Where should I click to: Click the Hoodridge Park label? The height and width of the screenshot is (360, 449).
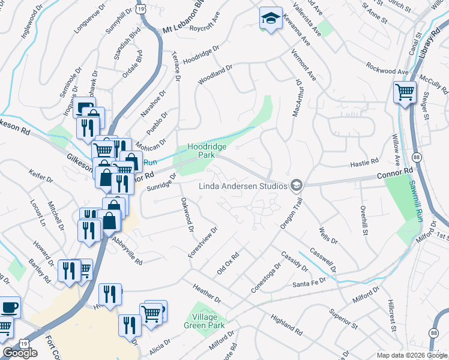(201, 150)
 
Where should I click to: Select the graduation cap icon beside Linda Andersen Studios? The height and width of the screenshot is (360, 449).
(295, 186)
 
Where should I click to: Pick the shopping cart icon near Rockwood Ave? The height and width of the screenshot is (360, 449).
(405, 92)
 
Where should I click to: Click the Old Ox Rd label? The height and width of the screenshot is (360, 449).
(228, 262)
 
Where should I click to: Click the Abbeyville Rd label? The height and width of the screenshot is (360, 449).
(127, 250)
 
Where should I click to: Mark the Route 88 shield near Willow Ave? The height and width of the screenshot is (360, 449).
(417, 157)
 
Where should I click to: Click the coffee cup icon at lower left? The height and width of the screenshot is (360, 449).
(10, 307)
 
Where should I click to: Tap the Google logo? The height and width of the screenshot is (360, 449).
(20, 353)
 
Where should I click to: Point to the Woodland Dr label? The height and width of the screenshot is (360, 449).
(215, 71)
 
